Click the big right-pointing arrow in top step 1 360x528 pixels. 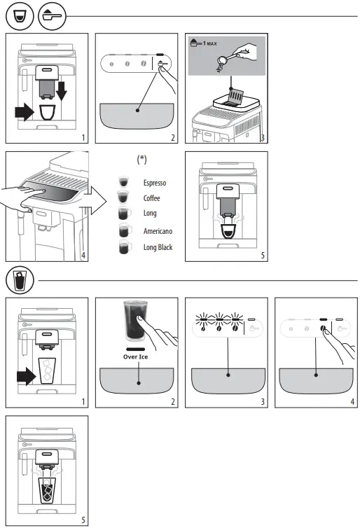[x=27, y=113]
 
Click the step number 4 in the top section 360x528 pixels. [x=84, y=256]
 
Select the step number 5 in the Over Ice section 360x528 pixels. [x=83, y=520]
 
